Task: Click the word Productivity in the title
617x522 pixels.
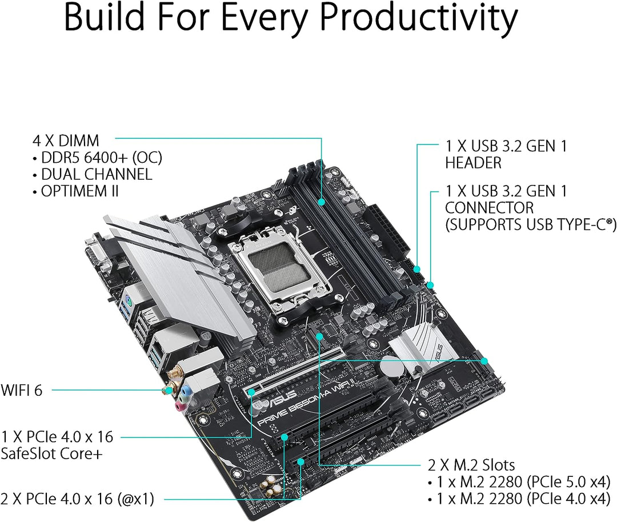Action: pyautogui.click(x=419, y=19)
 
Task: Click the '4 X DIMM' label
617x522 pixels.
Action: pyautogui.click(x=66, y=141)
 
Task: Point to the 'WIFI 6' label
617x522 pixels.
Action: pyautogui.click(x=21, y=390)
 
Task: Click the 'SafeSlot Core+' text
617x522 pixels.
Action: pyautogui.click(x=51, y=453)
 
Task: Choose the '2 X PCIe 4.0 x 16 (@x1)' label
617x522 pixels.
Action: pyautogui.click(x=77, y=499)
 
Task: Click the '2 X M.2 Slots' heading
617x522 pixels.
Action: pyautogui.click(x=471, y=465)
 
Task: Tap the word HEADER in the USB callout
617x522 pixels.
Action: pyautogui.click(x=474, y=163)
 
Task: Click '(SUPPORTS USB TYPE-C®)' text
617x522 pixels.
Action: pyautogui.click(x=530, y=224)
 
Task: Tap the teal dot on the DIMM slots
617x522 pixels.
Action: pyautogui.click(x=322, y=202)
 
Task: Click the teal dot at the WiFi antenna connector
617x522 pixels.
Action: pyautogui.click(x=169, y=390)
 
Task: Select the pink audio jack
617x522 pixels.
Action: pyautogui.click(x=180, y=405)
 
